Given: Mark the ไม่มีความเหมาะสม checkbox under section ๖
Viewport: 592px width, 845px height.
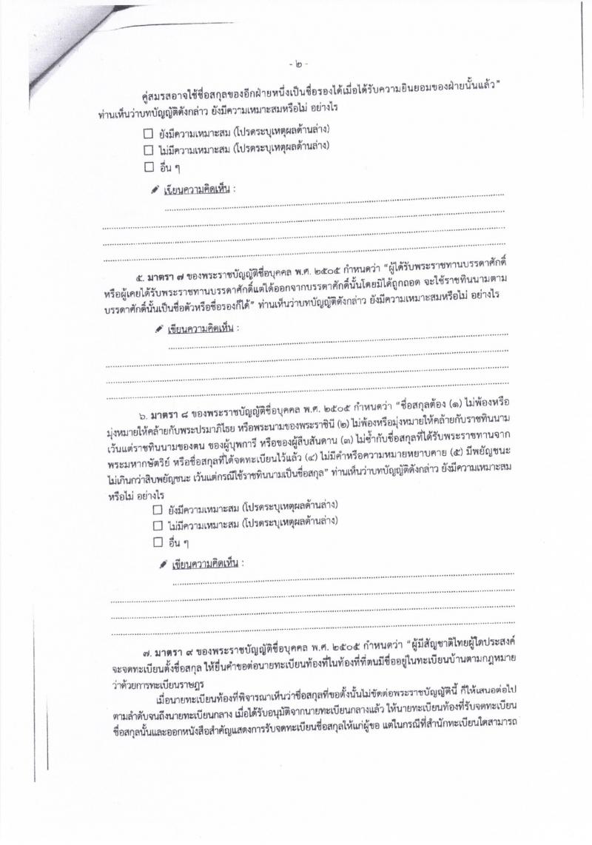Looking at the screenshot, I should [157, 526].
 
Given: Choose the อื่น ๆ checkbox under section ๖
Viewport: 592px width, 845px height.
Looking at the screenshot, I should [157, 542].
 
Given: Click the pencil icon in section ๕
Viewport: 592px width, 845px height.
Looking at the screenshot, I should [159, 329].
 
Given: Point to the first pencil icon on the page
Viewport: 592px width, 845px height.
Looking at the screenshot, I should [155, 189].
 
